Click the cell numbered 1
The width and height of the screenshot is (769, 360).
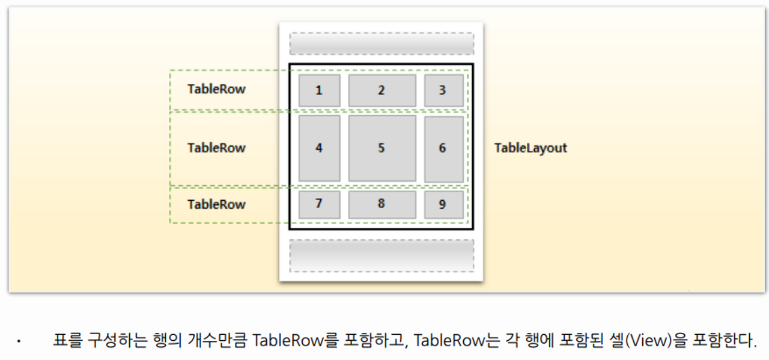click(319, 91)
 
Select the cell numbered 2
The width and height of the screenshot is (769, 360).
click(381, 91)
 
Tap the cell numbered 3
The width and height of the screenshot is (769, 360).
click(443, 91)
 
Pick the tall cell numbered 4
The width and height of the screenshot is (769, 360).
click(319, 148)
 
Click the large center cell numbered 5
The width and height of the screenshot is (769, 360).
click(381, 148)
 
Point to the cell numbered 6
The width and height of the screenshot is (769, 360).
click(443, 148)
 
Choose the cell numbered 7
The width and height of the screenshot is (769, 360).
click(319, 204)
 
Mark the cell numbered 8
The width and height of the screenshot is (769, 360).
click(381, 204)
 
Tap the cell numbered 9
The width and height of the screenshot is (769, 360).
click(443, 204)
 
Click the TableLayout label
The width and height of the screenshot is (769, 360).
click(530, 148)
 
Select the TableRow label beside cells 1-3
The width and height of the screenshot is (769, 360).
click(216, 89)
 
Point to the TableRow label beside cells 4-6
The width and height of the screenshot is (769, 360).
click(216, 148)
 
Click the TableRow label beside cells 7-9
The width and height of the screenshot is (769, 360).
click(216, 204)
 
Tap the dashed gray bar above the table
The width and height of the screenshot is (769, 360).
click(381, 44)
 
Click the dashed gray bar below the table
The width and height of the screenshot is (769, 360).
click(381, 255)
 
